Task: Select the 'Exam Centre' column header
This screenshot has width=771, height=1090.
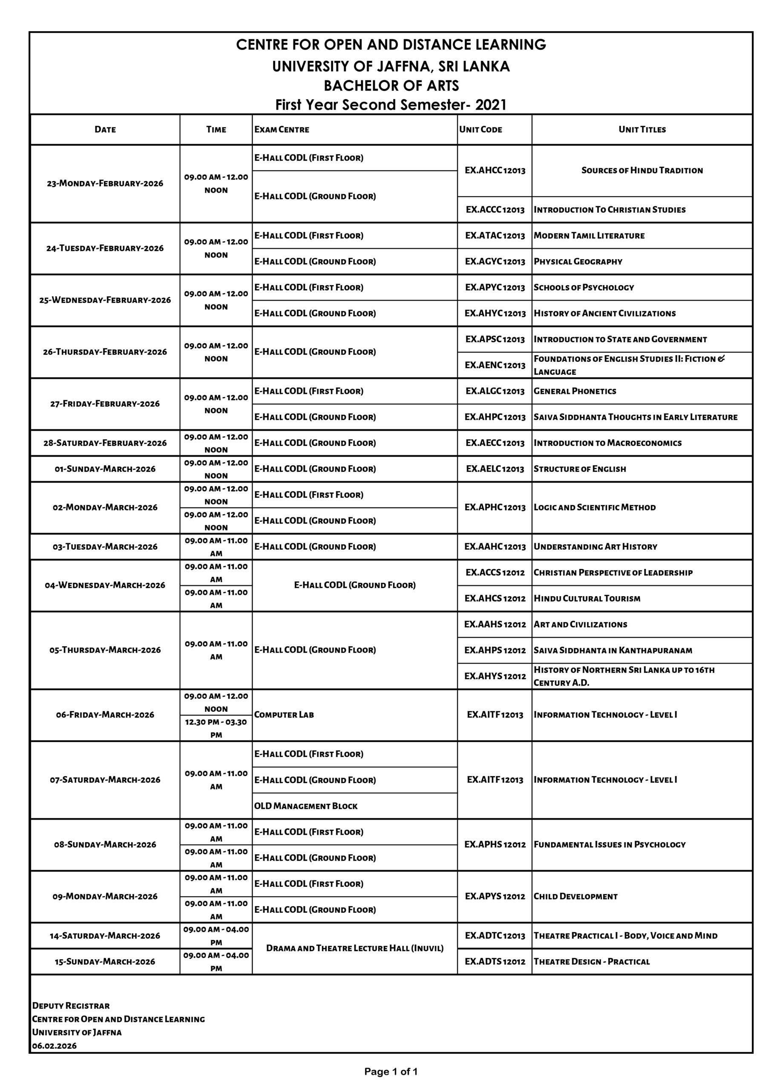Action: [x=282, y=129]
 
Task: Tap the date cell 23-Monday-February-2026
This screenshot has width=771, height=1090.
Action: [x=105, y=184]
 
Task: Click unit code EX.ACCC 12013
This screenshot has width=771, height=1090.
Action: [x=495, y=210]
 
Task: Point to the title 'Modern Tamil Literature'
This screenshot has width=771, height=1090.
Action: [x=589, y=236]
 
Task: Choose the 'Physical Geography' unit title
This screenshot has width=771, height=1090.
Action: [x=578, y=261]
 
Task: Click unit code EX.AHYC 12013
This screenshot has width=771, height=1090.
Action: [x=495, y=313]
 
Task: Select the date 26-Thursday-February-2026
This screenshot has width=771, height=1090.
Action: [x=105, y=352]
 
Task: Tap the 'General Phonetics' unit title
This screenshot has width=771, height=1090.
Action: [x=575, y=391]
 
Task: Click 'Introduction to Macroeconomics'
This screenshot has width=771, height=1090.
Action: [x=607, y=443]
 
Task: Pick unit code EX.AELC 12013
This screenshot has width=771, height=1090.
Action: [x=495, y=469]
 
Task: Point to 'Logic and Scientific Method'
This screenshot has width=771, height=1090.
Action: [x=594, y=508]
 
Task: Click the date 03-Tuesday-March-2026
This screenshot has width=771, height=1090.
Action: [x=105, y=547]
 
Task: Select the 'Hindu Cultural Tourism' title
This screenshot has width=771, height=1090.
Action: [x=587, y=599]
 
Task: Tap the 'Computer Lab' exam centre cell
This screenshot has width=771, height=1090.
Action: [x=284, y=715]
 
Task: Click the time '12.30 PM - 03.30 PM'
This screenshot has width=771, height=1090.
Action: [x=216, y=728]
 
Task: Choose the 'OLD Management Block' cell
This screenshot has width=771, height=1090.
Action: [x=306, y=806]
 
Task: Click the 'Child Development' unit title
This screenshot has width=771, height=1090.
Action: [x=575, y=897]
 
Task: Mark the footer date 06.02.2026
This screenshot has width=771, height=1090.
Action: [x=54, y=1046]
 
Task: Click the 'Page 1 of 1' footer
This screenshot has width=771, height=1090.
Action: [x=391, y=1072]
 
